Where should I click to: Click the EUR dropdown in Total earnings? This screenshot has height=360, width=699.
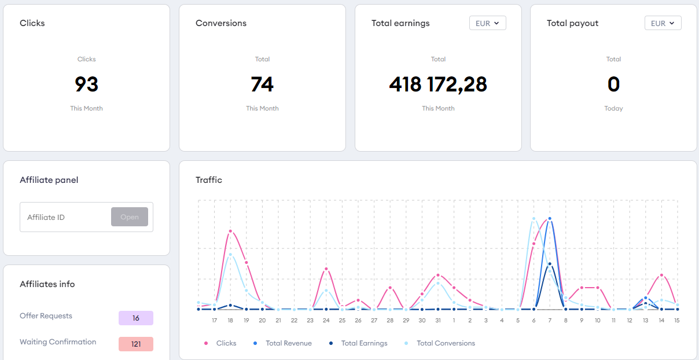point(487,23)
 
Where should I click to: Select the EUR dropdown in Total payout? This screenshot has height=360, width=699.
point(663,23)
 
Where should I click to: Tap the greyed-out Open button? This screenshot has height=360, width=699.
point(130,217)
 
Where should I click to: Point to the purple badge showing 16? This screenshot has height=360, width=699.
point(136,318)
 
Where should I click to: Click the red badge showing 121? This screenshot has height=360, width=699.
point(136,344)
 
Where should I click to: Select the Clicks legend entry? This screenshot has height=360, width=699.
point(220,343)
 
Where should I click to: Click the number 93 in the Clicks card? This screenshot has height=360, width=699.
point(87,85)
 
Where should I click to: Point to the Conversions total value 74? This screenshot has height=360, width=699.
point(262,85)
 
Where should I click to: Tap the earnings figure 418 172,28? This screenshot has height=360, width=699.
point(438,85)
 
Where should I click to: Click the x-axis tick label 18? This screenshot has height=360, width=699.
point(230,320)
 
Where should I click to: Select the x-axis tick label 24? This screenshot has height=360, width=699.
point(326,320)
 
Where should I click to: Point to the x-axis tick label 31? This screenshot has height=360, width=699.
point(438,320)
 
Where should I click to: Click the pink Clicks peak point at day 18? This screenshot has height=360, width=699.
point(230,231)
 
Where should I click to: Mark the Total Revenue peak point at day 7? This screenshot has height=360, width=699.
point(550,219)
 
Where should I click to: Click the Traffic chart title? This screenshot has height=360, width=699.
point(209,180)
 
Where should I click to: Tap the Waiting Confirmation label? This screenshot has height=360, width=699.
point(58,342)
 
